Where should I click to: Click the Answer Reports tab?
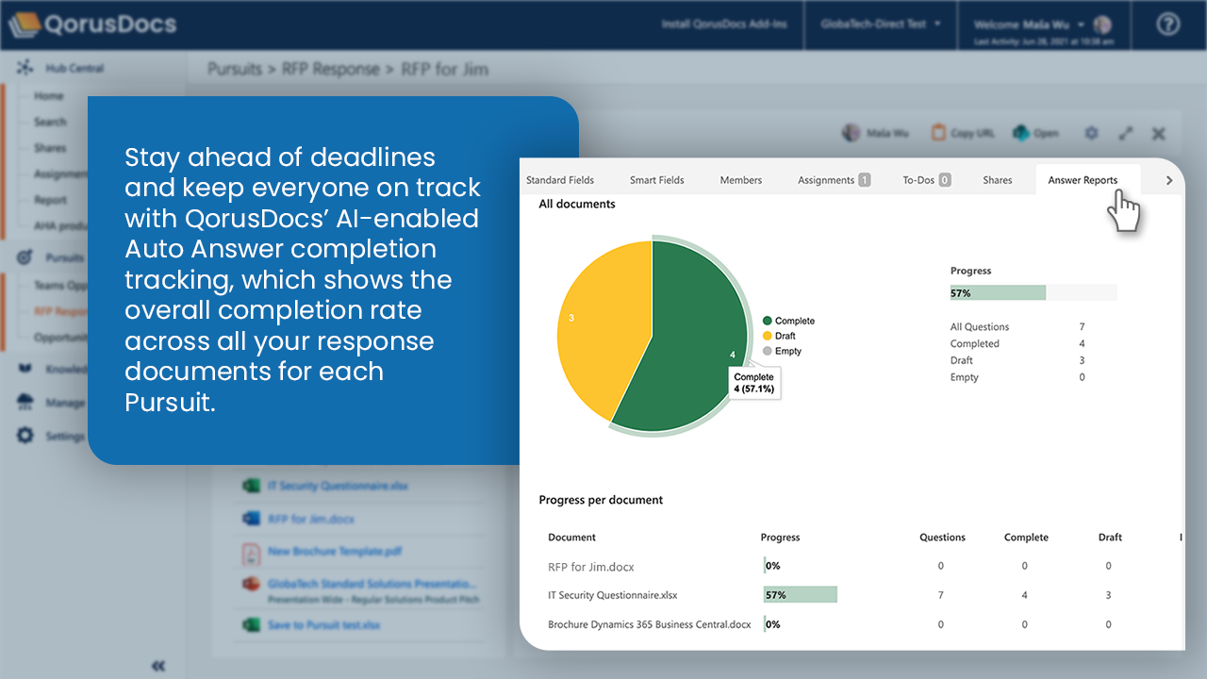[1083, 180]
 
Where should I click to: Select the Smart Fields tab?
[656, 180]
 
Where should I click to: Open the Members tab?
[740, 180]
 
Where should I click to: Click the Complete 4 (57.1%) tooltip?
[753, 383]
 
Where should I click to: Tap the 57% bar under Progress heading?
[998, 293]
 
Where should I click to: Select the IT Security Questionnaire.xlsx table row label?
[613, 595]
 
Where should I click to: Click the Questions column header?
[942, 538]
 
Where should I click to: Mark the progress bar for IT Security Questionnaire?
[800, 595]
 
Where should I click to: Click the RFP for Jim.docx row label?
[590, 567]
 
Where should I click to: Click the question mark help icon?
[1167, 25]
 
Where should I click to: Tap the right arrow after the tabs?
[1169, 180]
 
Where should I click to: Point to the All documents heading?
[576, 204]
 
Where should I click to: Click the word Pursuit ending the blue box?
[167, 402]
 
